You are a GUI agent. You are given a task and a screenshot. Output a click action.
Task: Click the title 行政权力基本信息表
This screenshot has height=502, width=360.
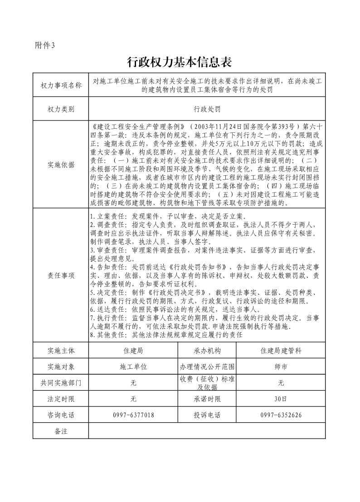180,62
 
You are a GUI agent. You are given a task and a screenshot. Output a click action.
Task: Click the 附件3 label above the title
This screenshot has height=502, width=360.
44,45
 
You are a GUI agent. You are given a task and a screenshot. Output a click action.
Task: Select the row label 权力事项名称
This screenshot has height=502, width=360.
61,86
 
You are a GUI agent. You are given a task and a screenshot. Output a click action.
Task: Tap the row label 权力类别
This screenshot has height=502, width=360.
61,109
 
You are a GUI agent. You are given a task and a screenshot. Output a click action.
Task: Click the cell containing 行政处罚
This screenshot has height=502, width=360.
207,109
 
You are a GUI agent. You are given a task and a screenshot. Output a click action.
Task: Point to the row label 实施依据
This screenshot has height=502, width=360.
61,164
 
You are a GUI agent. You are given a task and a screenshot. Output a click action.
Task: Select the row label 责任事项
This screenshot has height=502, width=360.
61,275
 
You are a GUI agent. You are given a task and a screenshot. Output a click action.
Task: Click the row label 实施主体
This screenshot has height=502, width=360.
61,351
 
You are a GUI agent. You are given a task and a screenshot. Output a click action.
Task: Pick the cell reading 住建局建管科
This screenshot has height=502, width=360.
281,351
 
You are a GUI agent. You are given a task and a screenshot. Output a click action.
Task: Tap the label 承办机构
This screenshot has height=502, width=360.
207,351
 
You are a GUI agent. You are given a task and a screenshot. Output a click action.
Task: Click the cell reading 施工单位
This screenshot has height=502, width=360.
133,367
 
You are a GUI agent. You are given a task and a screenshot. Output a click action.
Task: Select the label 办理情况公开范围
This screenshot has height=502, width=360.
207,367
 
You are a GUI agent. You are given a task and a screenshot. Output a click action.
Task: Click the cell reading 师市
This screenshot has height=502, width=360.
281,367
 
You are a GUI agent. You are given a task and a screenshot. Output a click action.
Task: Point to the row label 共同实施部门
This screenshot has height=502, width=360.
61,383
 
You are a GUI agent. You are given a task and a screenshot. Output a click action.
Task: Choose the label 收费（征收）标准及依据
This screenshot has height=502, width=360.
207,383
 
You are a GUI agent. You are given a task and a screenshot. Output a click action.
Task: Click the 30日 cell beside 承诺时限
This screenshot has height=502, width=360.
281,399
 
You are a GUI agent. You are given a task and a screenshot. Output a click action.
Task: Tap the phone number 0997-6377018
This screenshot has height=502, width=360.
133,415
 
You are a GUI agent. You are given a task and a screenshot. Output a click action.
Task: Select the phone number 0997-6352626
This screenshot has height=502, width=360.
281,415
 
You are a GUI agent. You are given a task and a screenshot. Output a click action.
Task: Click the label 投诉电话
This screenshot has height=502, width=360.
207,415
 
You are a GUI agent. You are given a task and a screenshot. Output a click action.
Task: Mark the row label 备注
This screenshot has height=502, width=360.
61,431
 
